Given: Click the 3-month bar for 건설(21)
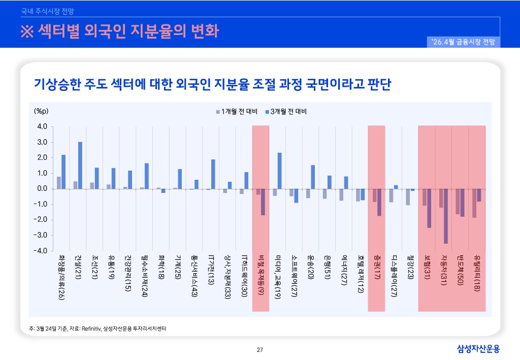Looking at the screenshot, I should (x=80, y=165).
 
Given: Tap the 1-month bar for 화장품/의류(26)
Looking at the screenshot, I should (x=59, y=183).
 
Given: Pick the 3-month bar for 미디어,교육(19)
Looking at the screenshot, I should (x=280, y=171).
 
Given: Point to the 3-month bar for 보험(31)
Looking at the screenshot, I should (x=429, y=208).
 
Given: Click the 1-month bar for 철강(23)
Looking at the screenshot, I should (x=408, y=197).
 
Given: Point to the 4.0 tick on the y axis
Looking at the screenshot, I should (x=42, y=126).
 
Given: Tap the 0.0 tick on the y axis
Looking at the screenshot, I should (x=42, y=189).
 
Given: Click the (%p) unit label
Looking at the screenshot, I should (x=41, y=111).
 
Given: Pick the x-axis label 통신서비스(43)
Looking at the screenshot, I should (x=194, y=277).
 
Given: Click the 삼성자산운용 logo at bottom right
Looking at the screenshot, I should (x=478, y=349).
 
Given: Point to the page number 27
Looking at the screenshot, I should (x=260, y=349).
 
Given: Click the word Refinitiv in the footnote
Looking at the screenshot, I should (x=90, y=329).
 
